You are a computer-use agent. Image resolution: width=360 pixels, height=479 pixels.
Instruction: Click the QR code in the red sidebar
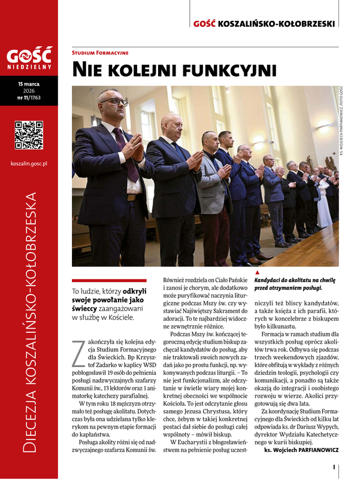click(x=29, y=135)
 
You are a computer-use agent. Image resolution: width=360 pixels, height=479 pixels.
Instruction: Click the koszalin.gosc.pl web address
click(x=29, y=163)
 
